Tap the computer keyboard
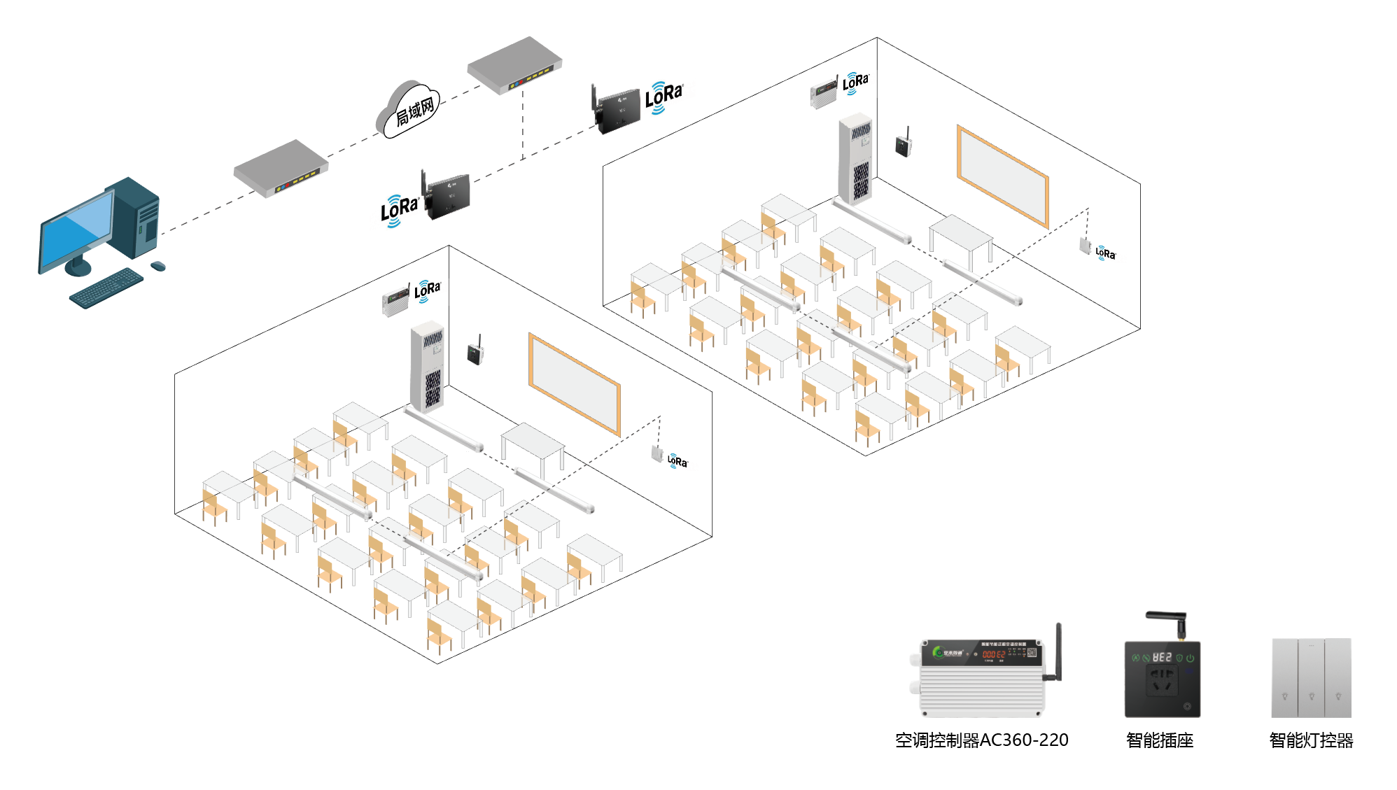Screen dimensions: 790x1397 (x=106, y=287)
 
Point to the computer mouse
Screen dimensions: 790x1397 (x=158, y=266)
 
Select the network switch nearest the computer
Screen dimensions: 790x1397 (x=281, y=169)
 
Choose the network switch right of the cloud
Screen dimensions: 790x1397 (x=514, y=65)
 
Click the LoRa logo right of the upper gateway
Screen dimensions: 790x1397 (x=663, y=97)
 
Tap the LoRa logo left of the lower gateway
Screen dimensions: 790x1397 (x=399, y=210)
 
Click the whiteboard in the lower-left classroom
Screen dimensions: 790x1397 (x=575, y=384)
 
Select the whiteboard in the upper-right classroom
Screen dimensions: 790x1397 (x=1002, y=176)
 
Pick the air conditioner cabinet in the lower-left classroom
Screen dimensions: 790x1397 (x=427, y=367)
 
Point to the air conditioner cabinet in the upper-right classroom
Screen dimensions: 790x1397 (x=855, y=159)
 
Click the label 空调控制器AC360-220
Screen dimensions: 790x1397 (x=981, y=740)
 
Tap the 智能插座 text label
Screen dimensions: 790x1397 (x=1160, y=740)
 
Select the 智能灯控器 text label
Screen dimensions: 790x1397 (x=1311, y=740)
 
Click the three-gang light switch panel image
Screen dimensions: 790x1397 (x=1311, y=677)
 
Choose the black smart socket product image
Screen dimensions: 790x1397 (x=1162, y=678)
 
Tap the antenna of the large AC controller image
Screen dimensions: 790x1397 (x=1058, y=651)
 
